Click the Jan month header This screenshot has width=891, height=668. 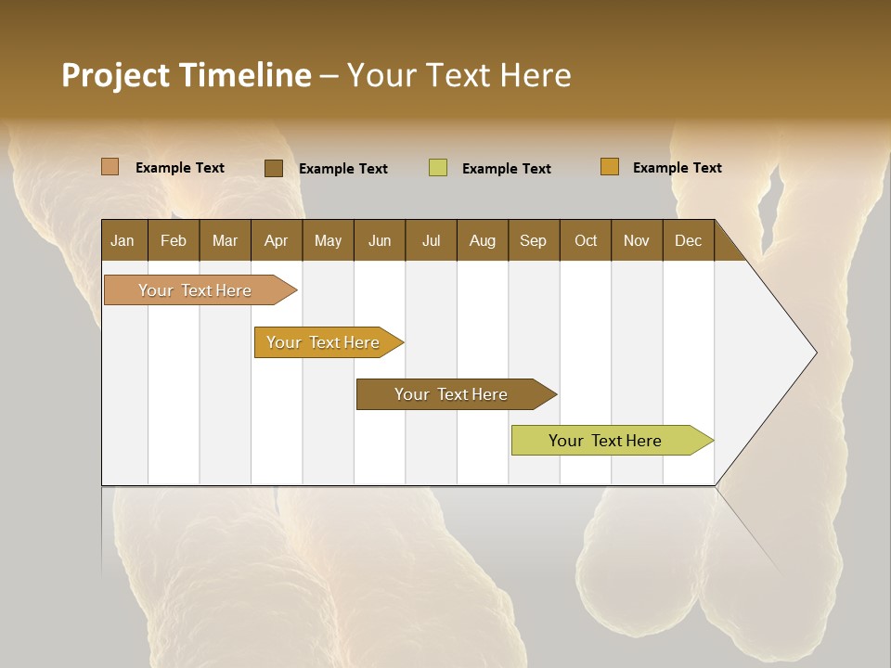pos(123,241)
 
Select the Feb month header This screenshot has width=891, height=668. pos(174,241)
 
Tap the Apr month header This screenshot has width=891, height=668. pos(276,241)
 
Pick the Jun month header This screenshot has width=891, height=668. pos(380,241)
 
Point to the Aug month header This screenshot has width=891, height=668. pos(483,241)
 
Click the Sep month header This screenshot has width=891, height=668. pos(533,241)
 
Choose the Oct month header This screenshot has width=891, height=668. pos(586,241)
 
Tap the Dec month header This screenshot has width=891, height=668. pos(688,241)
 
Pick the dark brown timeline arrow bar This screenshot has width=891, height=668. pos(452,394)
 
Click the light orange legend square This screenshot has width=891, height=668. pos(110,167)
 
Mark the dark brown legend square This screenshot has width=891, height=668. pos(274,168)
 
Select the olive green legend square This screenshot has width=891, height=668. pos(438,168)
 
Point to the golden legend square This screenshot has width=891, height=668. pos(610,167)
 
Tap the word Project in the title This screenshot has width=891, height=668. pos(116,75)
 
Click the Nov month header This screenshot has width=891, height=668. pos(637,241)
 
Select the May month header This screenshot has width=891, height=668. pos(328,241)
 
